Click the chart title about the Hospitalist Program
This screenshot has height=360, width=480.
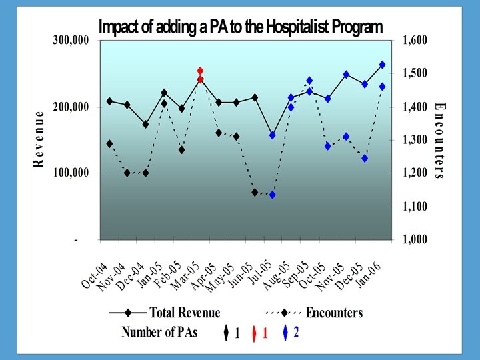[241, 27]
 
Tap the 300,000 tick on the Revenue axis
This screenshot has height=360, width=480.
[71, 41]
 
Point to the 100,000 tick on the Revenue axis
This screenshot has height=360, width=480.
[71, 173]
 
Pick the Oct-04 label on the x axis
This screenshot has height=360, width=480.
[95, 275]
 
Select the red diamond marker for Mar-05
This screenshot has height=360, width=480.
[200, 71]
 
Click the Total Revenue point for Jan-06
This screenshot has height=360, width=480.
[382, 65]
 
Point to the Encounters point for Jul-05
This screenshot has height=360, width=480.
[273, 195]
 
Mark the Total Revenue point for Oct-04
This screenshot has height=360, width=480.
[109, 101]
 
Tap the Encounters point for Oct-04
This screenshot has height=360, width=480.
[109, 143]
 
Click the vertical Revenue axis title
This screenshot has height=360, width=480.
[41, 139]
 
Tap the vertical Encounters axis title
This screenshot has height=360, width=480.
[439, 141]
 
